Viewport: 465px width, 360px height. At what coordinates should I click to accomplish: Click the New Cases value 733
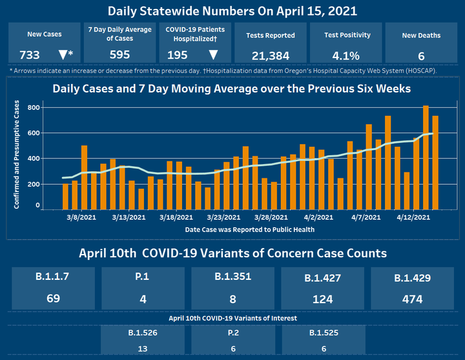(x=32, y=54)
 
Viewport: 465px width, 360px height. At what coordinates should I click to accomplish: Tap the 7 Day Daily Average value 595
(x=120, y=54)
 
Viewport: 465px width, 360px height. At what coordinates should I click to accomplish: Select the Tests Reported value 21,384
(x=270, y=54)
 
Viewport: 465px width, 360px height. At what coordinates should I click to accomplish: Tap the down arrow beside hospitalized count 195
(x=213, y=54)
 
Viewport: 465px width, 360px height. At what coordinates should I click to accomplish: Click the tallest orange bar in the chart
(x=426, y=157)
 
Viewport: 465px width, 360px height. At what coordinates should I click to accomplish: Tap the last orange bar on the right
(x=435, y=162)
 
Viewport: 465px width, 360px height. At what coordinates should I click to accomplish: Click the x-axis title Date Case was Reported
(x=250, y=229)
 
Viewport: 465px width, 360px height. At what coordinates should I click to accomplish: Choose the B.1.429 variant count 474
(x=411, y=299)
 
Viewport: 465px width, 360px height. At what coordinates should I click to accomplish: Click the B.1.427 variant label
(x=322, y=279)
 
